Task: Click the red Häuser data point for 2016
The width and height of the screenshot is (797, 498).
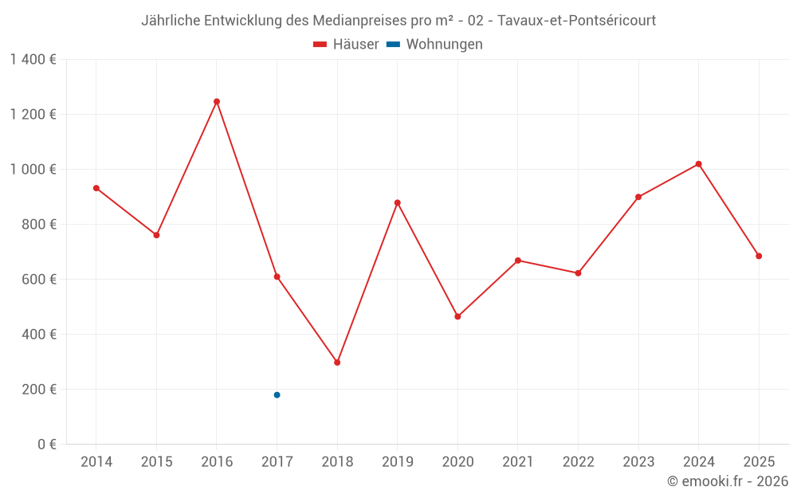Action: (x=217, y=102)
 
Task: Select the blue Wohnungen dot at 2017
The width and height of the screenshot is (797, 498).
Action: (x=277, y=395)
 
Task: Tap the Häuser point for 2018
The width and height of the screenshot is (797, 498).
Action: (x=337, y=363)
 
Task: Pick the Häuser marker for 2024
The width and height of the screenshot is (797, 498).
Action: (x=698, y=164)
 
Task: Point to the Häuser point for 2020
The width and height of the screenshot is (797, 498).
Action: (x=457, y=317)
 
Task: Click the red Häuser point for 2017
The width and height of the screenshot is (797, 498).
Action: (x=277, y=276)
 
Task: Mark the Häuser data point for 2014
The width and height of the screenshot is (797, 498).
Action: (x=96, y=188)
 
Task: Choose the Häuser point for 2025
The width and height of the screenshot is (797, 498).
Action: (x=759, y=257)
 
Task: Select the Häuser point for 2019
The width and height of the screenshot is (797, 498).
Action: (x=397, y=202)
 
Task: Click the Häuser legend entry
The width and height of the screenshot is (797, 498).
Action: (x=346, y=45)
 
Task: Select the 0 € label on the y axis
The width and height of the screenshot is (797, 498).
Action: (x=47, y=445)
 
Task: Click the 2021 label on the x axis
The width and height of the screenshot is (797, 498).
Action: (x=518, y=462)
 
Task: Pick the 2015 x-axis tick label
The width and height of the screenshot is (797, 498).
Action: (x=156, y=462)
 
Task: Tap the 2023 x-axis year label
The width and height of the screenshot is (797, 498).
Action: (x=638, y=462)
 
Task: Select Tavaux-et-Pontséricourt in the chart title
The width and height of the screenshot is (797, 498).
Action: (x=576, y=21)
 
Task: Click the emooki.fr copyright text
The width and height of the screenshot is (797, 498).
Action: (x=727, y=481)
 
